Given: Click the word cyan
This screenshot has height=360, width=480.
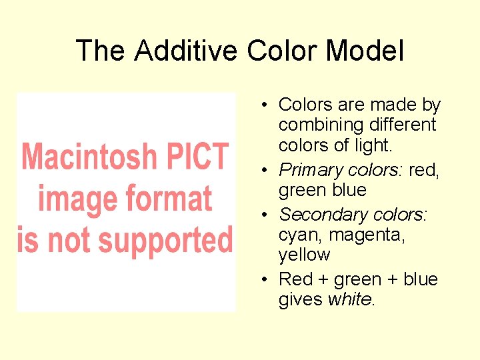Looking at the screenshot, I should click(298, 235).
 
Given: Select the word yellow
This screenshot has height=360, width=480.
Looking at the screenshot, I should click(304, 255).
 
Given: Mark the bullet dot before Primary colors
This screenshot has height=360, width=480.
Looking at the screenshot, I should click(265, 171).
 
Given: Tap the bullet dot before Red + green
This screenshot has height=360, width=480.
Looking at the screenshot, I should click(265, 280).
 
